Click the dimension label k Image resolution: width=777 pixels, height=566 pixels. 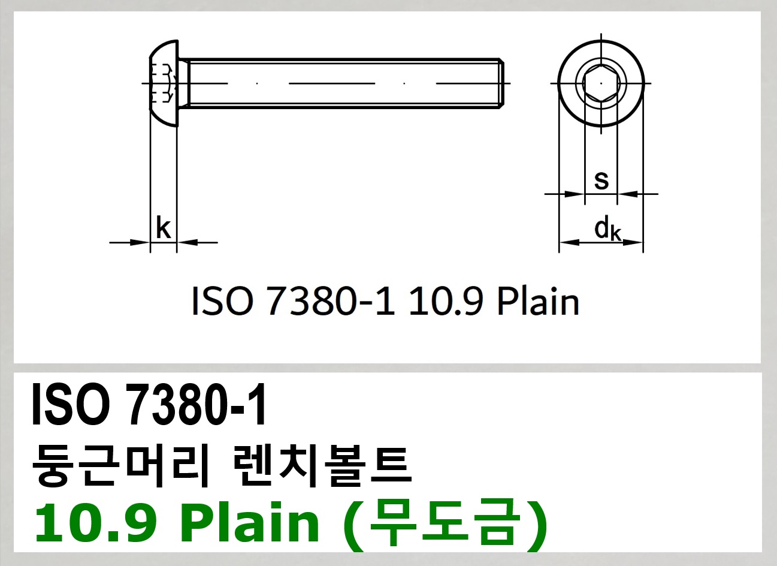163,228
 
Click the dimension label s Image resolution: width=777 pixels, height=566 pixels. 601,179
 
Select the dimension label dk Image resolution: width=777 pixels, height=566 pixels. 607,229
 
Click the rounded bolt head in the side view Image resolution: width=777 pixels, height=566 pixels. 164,83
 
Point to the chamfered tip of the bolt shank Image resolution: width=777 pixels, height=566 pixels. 501,83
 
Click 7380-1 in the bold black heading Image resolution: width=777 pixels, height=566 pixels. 196,406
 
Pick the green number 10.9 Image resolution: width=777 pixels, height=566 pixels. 96,523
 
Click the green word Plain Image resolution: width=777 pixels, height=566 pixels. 250,523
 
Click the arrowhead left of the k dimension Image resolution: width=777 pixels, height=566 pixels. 143,243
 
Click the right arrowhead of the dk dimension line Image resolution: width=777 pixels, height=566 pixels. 635,243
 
